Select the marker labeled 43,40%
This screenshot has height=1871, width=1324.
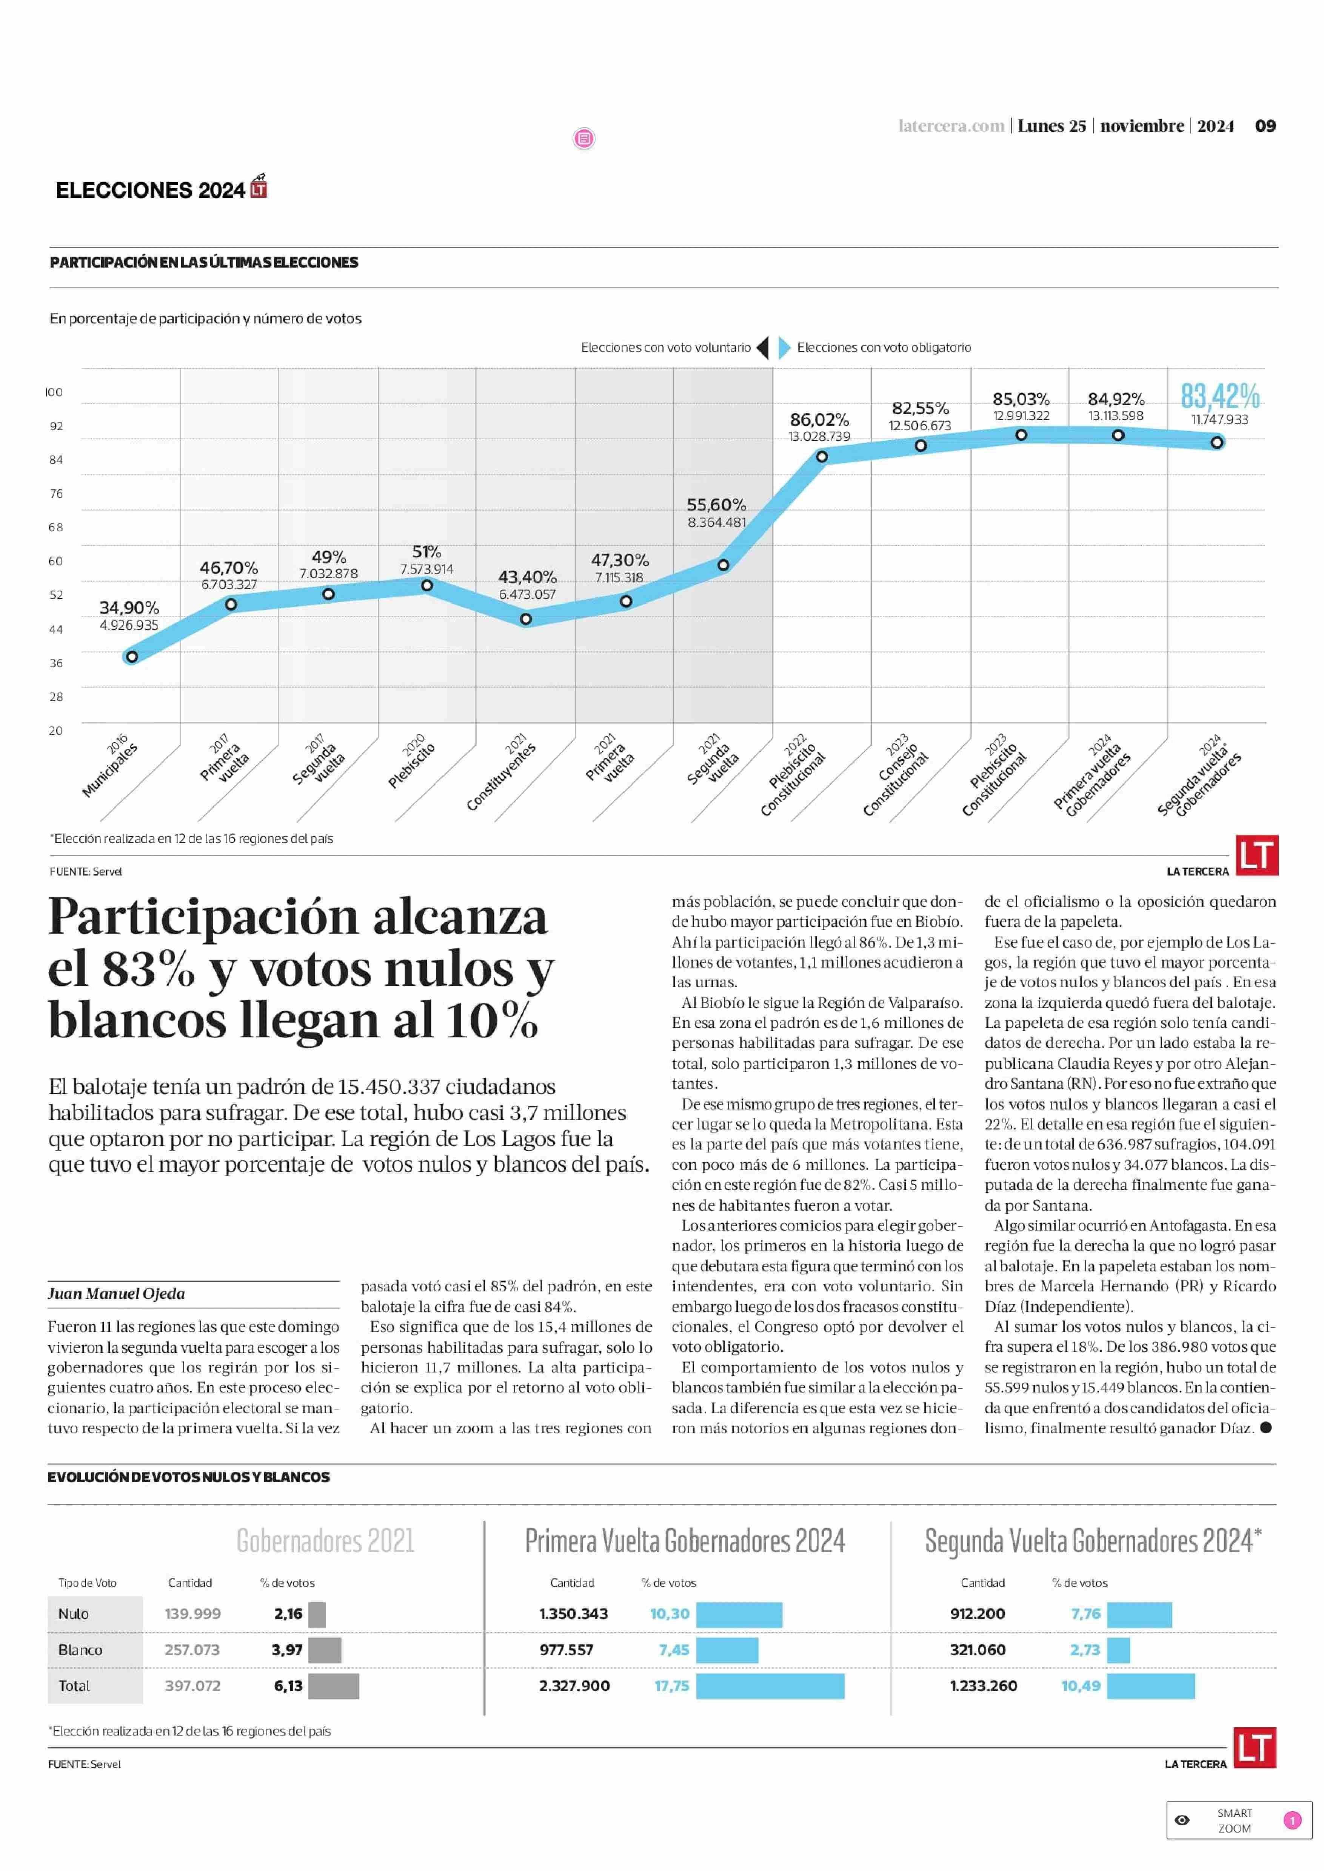[x=526, y=619]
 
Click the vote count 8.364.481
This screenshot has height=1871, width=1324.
[x=717, y=522]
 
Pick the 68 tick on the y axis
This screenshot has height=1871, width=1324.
[x=55, y=528]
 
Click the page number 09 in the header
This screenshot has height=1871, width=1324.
[x=1264, y=126]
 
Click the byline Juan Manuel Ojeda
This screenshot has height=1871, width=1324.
[x=117, y=1293]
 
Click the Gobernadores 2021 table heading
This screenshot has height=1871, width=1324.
[x=325, y=1541]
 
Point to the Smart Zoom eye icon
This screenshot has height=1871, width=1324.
[x=1182, y=1820]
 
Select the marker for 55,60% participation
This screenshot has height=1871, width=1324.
[x=723, y=565]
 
